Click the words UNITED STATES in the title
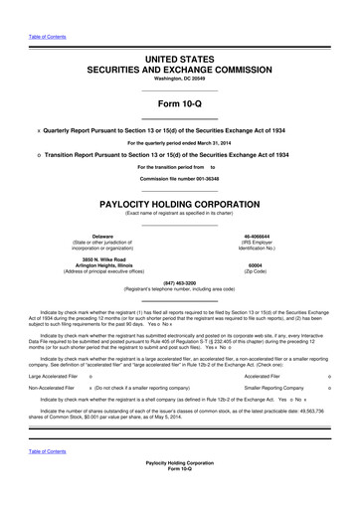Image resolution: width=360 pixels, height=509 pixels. tap(180, 60)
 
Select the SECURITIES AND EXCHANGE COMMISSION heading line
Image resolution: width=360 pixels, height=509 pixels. tap(180, 72)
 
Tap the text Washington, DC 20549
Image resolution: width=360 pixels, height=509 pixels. tap(180, 83)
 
